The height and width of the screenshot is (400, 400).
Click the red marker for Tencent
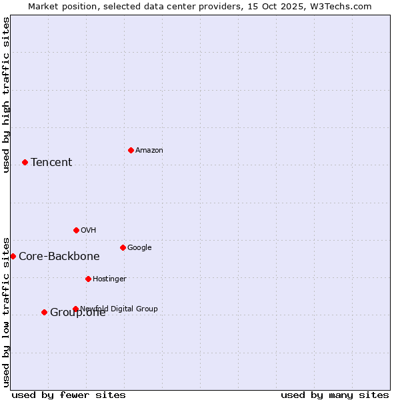pyautogui.click(x=25, y=162)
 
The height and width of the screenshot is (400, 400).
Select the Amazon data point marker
pyautogui.click(x=131, y=150)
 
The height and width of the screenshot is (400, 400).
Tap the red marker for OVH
pyautogui.click(x=76, y=230)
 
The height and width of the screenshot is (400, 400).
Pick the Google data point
pyautogui.click(x=123, y=247)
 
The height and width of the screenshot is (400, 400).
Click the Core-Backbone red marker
pyautogui.click(x=13, y=256)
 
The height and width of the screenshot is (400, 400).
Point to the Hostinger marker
pyautogui.click(x=88, y=279)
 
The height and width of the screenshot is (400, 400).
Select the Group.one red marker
pyautogui.click(x=44, y=312)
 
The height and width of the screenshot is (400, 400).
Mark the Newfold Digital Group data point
pyautogui.click(x=75, y=309)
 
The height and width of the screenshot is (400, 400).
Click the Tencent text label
pyautogui.click(x=51, y=163)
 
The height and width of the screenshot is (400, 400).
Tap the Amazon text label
pyautogui.click(x=149, y=151)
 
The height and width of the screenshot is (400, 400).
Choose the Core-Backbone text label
pyautogui.click(x=59, y=257)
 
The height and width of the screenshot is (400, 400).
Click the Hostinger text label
pyautogui.click(x=109, y=279)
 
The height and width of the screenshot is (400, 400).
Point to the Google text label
pyautogui.click(x=139, y=248)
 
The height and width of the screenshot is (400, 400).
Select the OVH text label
pyautogui.click(x=89, y=231)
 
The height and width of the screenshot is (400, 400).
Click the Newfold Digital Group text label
pyautogui.click(x=119, y=309)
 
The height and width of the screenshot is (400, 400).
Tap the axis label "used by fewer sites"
pyautogui.click(x=69, y=395)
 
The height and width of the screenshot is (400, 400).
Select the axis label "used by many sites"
pyautogui.click(x=335, y=395)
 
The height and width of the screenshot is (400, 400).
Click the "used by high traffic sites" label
pyautogui.click(x=7, y=95)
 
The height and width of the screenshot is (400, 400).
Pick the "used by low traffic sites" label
pyautogui.click(x=7, y=312)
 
